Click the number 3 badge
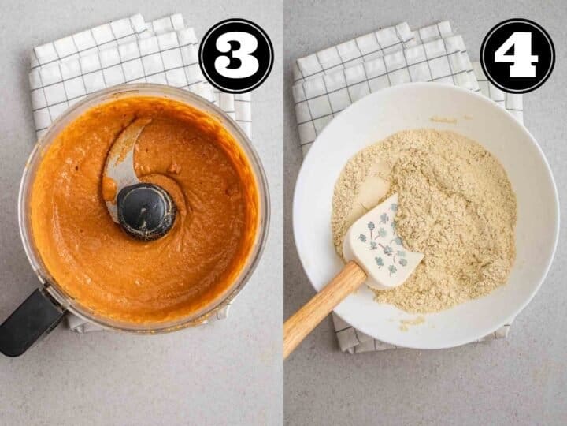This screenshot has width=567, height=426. [x=236, y=56]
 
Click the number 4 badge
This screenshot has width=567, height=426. [x=517, y=56]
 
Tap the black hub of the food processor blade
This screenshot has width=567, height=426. [x=146, y=211]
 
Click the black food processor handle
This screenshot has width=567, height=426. [x=31, y=322]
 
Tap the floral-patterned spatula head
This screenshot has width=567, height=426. [x=383, y=244]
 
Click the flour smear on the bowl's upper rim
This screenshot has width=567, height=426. [x=443, y=120]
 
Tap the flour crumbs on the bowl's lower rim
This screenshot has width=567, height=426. [x=412, y=322]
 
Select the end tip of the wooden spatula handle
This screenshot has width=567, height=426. [x=287, y=353]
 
